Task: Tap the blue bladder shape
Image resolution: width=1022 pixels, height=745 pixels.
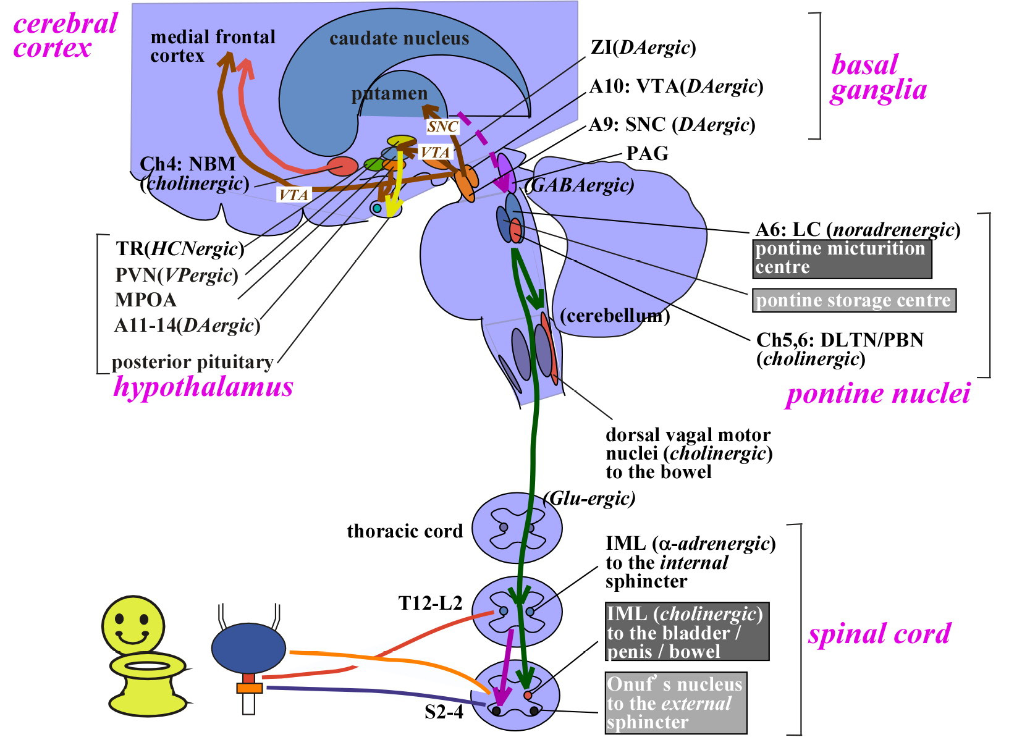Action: coord(248,649)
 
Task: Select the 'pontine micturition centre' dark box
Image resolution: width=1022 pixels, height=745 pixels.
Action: coord(842,258)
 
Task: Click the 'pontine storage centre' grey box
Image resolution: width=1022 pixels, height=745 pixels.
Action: coord(853,301)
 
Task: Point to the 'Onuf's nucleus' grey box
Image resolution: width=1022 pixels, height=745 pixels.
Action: coord(675,703)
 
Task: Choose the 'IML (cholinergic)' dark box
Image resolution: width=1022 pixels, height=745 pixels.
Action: coord(686,632)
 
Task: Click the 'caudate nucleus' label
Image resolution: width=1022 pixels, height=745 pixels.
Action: coord(399,39)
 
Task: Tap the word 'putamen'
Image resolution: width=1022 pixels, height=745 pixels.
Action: coord(389,94)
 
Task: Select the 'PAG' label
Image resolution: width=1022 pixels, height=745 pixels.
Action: coord(647,153)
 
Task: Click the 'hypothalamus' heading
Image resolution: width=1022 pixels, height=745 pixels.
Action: coord(203,387)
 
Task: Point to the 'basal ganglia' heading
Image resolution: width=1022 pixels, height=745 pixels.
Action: coord(877,77)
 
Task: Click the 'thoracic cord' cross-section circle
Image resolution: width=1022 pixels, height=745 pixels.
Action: coord(517,528)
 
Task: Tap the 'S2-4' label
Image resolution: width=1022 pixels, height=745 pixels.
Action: coord(444,712)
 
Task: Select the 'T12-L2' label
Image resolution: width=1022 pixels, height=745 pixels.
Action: coord(430,603)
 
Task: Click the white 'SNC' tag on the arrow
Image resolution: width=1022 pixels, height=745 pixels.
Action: coord(442,127)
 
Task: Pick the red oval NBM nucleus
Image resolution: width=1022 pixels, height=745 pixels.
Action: coord(342,166)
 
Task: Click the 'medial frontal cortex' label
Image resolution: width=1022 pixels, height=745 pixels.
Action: coord(213,46)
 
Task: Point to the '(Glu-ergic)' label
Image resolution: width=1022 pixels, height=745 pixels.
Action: coord(589,498)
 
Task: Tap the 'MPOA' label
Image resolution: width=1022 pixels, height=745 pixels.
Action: coord(146,300)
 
